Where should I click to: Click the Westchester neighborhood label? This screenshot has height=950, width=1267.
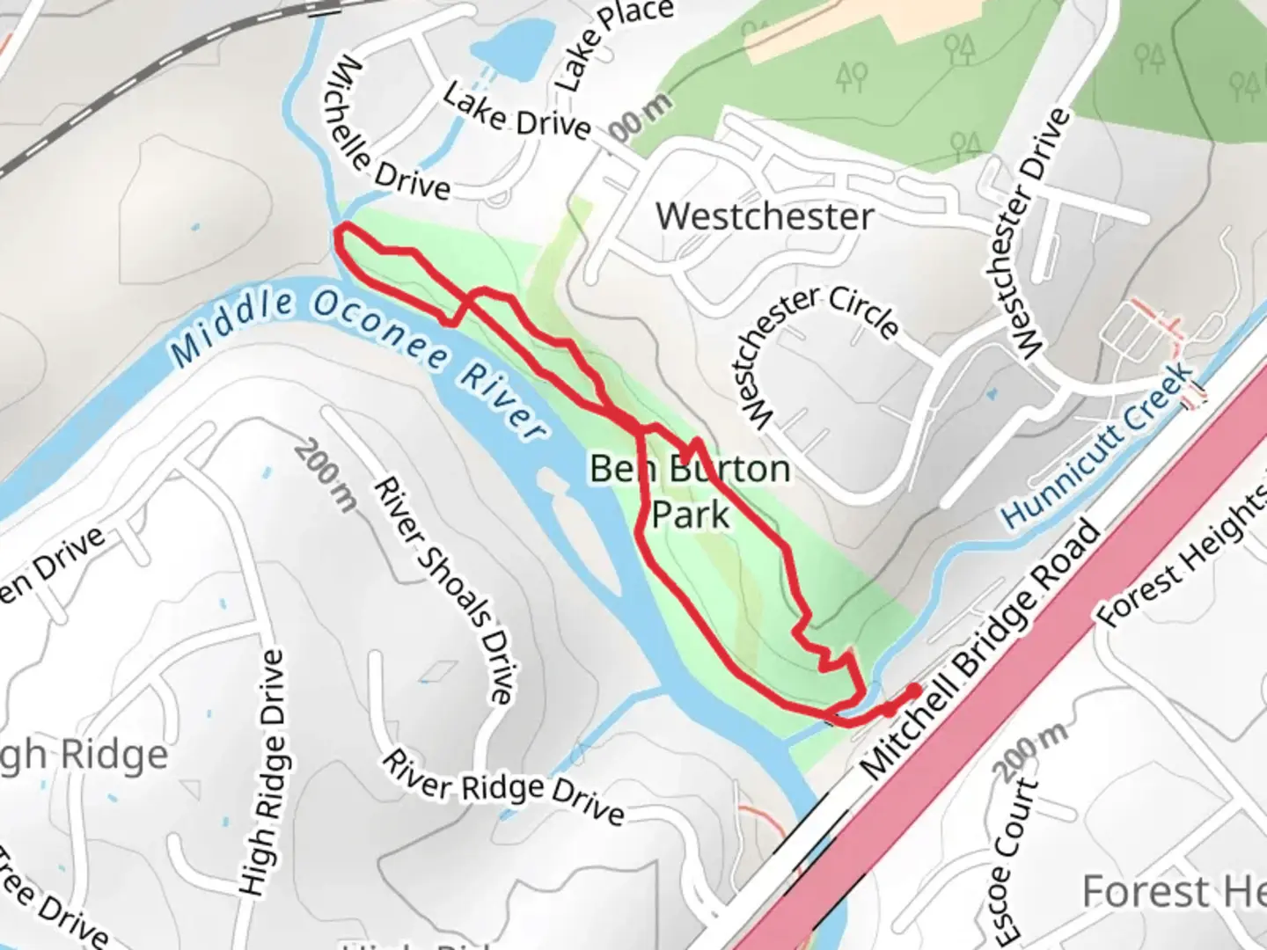click(765, 216)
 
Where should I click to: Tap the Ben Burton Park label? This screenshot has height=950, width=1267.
click(690, 491)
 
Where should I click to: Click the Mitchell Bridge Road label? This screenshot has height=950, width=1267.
click(980, 650)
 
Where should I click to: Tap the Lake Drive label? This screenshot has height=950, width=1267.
click(516, 112)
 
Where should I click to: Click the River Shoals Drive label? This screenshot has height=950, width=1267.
click(444, 589)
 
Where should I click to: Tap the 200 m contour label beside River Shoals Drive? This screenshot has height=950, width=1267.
click(326, 475)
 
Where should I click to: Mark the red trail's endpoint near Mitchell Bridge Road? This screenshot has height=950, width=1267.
click(915, 691)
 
